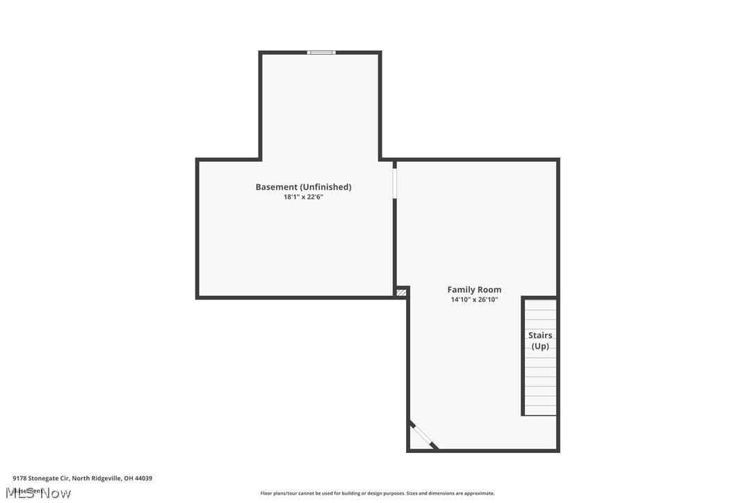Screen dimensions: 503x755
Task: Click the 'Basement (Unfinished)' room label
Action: (303, 187)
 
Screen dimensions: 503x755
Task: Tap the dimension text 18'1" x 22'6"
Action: (303, 197)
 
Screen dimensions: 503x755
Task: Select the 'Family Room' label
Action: (474, 290)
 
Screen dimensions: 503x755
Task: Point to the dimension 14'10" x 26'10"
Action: (474, 300)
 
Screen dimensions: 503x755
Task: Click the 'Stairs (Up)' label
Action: (540, 340)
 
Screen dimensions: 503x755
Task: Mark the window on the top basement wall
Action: (321, 52)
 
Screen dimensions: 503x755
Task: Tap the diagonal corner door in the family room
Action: (423, 435)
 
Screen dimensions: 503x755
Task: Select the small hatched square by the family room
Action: (401, 292)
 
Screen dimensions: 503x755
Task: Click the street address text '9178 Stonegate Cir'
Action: (40, 478)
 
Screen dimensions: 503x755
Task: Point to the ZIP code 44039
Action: (143, 478)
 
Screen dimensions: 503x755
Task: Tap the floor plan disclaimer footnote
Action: (377, 493)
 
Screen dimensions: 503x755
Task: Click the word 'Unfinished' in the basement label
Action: (326, 187)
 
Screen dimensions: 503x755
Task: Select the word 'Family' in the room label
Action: (460, 290)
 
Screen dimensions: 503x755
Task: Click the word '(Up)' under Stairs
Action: (540, 346)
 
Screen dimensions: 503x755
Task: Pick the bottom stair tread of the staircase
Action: (540, 411)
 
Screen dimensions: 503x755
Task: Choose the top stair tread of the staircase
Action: (540, 305)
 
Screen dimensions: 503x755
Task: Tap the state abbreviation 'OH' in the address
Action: (128, 478)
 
